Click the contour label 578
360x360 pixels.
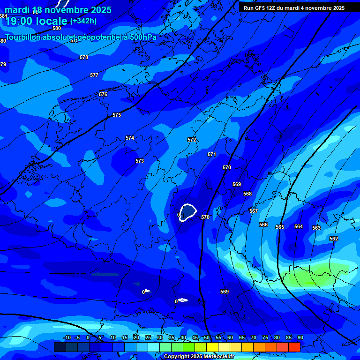[x=84, y=57]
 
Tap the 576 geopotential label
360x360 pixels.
[x=103, y=94]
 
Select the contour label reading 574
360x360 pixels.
[x=130, y=138]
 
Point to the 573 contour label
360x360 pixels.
[x=140, y=161]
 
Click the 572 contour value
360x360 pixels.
[x=192, y=140]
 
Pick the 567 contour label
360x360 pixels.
[x=254, y=211]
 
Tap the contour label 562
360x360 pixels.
[x=334, y=239]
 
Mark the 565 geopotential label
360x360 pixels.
[x=280, y=227]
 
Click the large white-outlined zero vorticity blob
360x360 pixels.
[x=188, y=212]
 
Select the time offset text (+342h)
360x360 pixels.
[x=83, y=21]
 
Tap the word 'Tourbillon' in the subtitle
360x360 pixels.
[x=22, y=37]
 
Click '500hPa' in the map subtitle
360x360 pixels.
[x=142, y=37]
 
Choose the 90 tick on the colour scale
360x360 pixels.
[x=300, y=337]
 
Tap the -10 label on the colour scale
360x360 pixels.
[x=67, y=337]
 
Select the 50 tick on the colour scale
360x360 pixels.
[x=207, y=337]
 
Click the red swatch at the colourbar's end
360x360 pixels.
[x=294, y=347]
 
